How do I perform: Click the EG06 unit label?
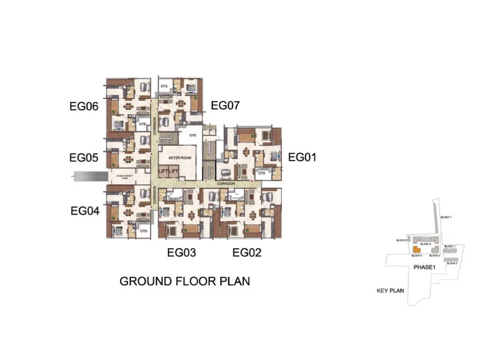coord(84,106)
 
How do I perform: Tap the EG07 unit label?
coord(225,105)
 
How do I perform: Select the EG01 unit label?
coord(302,157)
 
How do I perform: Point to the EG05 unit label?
coord(84,158)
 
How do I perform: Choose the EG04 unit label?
coord(85,211)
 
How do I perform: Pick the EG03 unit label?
coord(181,253)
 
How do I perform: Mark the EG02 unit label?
coord(247,253)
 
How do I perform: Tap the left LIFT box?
coord(164,171)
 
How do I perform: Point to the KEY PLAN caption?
coord(390,291)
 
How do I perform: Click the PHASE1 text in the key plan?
coord(425,267)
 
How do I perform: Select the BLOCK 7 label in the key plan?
coord(446,217)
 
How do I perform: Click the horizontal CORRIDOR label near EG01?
coord(226,184)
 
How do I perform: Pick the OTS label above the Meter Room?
coord(192,135)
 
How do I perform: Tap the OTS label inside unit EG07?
coord(164,87)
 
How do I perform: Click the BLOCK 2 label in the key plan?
coord(452,263)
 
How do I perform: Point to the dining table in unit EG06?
coord(127,106)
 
